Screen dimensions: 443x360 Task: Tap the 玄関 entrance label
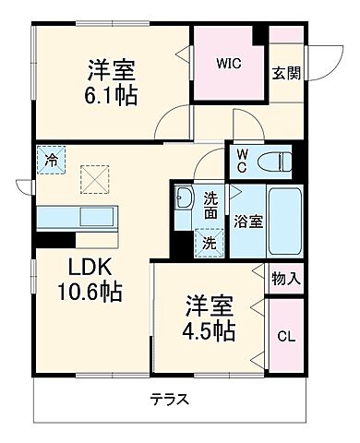coord(283,74)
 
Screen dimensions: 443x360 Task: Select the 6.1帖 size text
coord(113,95)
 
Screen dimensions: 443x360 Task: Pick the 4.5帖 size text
coord(210,329)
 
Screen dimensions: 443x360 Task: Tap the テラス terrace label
coord(171,400)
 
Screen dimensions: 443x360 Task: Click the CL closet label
coord(286,334)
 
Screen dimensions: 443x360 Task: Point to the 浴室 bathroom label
coord(245,222)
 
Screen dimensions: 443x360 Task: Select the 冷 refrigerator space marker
coord(52,160)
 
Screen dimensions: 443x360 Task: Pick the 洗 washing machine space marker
coord(210,243)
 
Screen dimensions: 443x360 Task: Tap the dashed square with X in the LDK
coord(93,177)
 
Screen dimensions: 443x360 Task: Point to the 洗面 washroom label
coord(211,204)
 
